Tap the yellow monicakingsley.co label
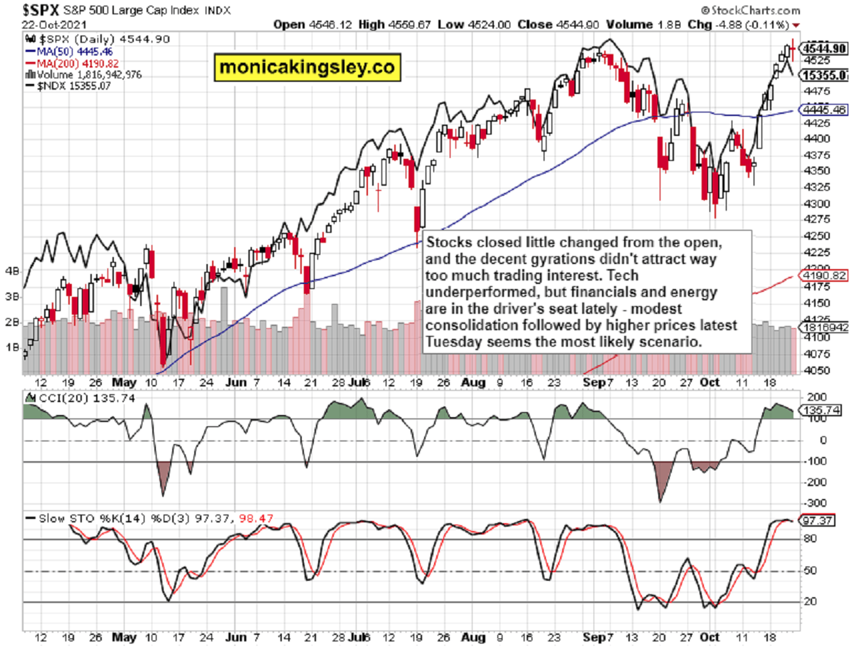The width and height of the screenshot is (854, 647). pos(308,67)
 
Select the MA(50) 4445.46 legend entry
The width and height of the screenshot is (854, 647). pos(72,52)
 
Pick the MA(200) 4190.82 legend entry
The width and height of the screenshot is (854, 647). pos(74,63)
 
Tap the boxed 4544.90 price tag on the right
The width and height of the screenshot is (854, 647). pos(824,48)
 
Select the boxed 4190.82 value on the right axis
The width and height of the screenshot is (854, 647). pos(824,275)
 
